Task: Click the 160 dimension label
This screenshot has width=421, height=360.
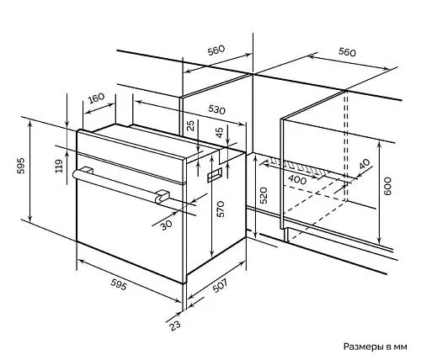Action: [x=96, y=98]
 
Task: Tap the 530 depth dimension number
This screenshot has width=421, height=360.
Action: [x=216, y=109]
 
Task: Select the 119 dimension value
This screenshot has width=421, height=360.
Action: [x=58, y=166]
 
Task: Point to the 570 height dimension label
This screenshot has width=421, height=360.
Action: [x=221, y=209]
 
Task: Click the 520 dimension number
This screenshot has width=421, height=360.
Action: [x=264, y=195]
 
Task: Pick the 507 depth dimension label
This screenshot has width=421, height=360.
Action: [x=220, y=285]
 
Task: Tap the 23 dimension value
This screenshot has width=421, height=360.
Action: [x=175, y=326]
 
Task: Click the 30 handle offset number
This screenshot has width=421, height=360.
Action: [x=167, y=225]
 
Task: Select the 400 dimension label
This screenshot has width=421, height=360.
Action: [x=297, y=180]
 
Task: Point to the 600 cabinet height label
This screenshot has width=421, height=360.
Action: [x=387, y=186]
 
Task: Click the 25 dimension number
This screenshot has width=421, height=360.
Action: [x=191, y=125]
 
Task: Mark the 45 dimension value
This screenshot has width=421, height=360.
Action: [x=220, y=133]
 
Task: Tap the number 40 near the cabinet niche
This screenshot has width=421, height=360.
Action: [x=365, y=164]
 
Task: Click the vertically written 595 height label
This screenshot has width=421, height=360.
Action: [x=21, y=166]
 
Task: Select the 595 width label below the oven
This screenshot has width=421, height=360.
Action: [x=119, y=284]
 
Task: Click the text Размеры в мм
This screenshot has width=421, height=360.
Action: [x=375, y=347]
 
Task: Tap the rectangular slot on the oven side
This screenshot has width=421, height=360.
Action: [x=215, y=174]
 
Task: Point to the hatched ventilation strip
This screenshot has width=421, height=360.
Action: [x=297, y=167]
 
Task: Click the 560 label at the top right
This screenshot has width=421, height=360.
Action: [x=347, y=52]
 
